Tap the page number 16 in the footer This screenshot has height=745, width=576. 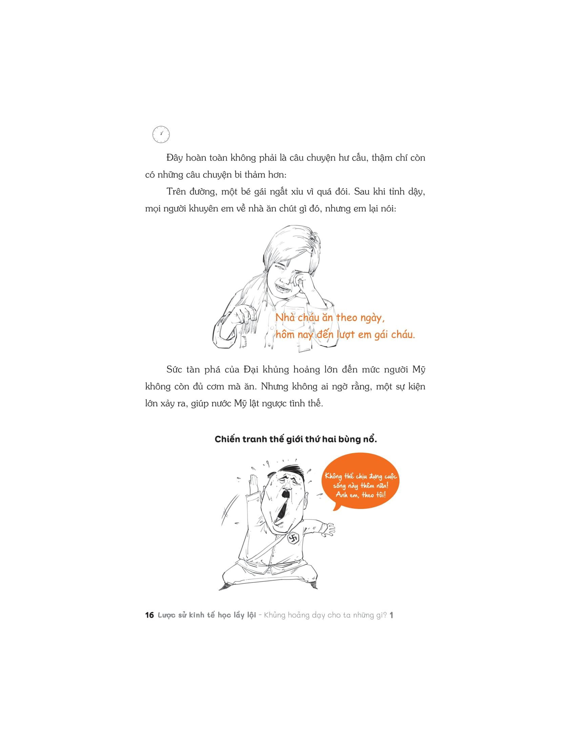(x=149, y=615)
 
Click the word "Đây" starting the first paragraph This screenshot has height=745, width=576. (x=174, y=158)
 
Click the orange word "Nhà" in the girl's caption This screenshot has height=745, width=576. (x=285, y=318)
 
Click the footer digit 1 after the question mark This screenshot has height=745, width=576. (x=391, y=615)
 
